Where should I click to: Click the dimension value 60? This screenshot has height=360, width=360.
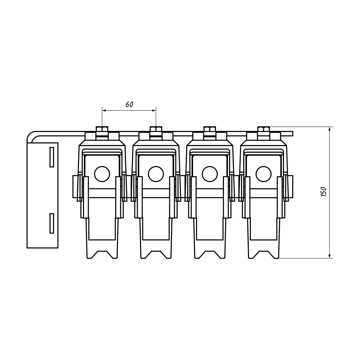click(x=129, y=104)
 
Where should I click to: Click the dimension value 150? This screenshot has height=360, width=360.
click(x=323, y=192)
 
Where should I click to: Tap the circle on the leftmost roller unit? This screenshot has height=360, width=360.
click(x=102, y=174)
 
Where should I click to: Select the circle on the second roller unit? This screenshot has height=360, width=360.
click(x=156, y=174)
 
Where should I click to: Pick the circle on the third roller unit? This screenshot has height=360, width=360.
click(x=210, y=174)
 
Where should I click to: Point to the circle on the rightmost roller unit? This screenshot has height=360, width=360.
click(x=264, y=174)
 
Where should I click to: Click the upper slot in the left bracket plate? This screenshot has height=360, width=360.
click(x=52, y=157)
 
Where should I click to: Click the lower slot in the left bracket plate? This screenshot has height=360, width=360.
click(x=52, y=223)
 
